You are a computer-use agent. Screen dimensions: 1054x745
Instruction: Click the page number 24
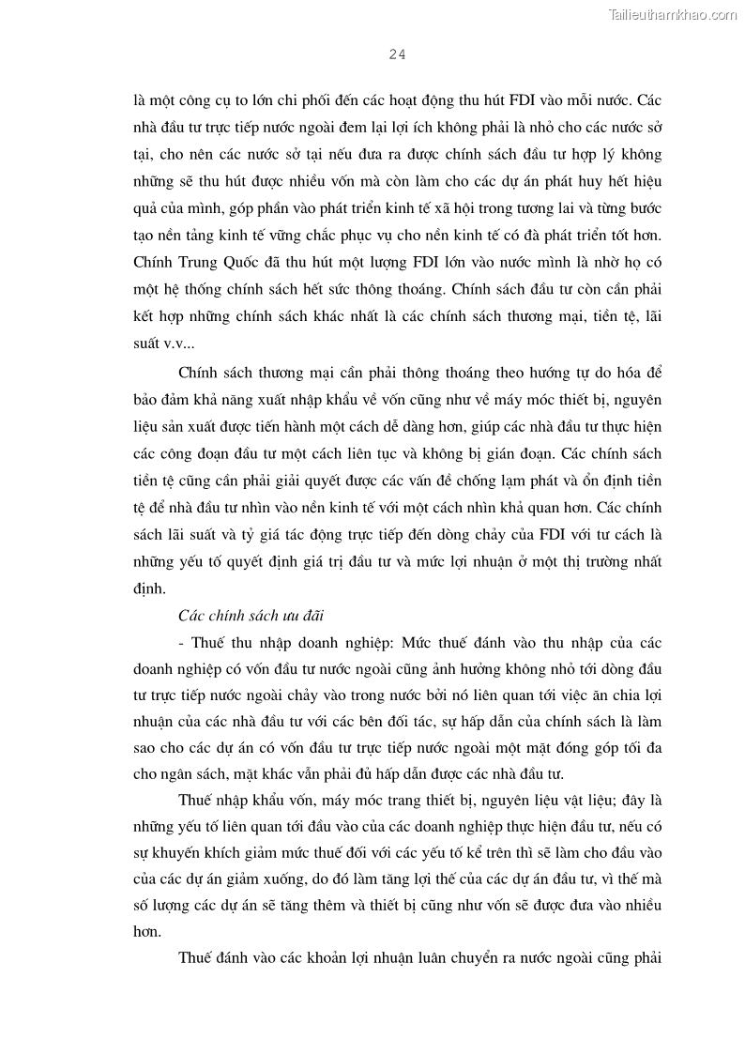pyautogui.click(x=396, y=54)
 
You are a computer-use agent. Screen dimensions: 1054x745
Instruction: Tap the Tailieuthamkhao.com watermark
pyautogui.click(x=673, y=14)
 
